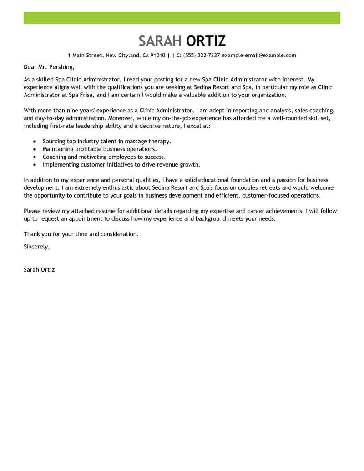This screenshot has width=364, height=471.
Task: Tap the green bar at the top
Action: [182, 18]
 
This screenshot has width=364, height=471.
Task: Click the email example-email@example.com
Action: [259, 56]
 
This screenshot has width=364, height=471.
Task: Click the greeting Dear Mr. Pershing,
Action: [49, 67]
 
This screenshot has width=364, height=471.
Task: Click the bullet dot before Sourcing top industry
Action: [35, 142]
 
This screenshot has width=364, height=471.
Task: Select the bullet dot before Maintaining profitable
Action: [35, 149]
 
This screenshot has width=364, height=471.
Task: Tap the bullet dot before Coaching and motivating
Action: [35, 157]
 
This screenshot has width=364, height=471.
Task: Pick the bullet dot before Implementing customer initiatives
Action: [35, 165]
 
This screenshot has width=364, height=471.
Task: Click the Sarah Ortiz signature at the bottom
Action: [39, 269]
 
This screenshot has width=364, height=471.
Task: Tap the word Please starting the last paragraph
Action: [33, 211]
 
